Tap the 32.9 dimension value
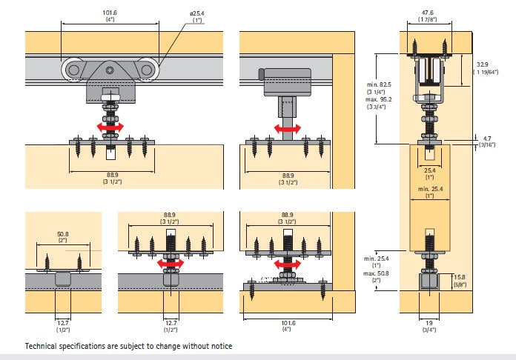tap(483, 65)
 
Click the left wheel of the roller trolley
tap(75, 70)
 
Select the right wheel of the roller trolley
tap(146, 70)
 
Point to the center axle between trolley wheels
tap(110, 70)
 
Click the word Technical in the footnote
tap(44, 347)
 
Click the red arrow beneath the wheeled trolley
tap(110, 128)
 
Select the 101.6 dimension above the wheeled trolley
tap(111, 13)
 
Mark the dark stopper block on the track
tap(260, 73)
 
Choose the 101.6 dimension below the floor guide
tap(287, 323)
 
